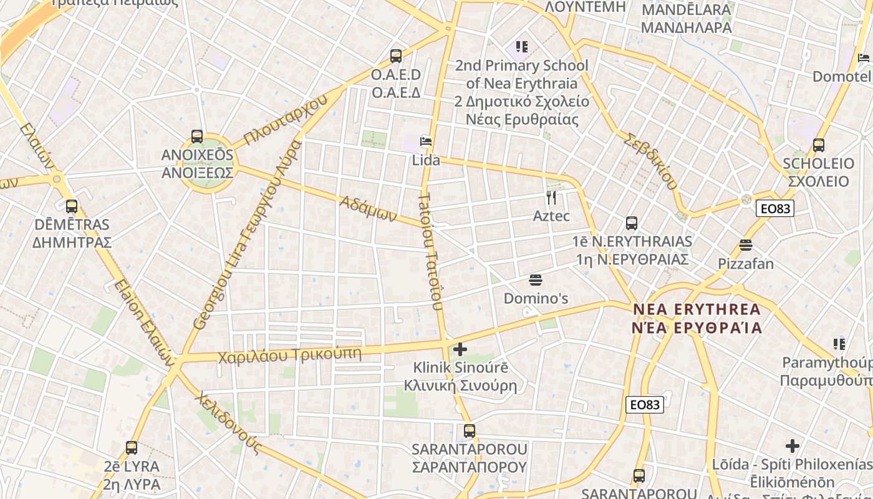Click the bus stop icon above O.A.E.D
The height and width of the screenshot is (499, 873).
click(396, 56)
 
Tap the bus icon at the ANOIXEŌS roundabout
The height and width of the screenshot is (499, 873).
click(197, 137)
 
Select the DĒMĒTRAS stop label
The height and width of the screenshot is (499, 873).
click(72, 233)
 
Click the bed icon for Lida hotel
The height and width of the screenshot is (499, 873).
click(426, 141)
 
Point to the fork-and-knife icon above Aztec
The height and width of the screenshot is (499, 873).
click(551, 198)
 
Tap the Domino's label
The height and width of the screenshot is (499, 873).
click(536, 298)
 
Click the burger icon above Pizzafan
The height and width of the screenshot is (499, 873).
click(746, 245)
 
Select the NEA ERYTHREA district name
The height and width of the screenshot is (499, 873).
click(697, 318)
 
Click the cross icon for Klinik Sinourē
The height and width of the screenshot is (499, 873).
click(460, 349)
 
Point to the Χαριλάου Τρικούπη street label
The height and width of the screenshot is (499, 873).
click(289, 355)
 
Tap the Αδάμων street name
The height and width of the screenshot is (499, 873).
click(369, 208)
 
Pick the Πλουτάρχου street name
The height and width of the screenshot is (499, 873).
click(286, 121)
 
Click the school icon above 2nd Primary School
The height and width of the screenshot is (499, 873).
click(522, 46)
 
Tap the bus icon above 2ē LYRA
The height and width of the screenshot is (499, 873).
click(132, 447)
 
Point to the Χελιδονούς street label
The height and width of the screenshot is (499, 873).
click(226, 420)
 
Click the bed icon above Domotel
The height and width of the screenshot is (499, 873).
click(864, 58)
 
